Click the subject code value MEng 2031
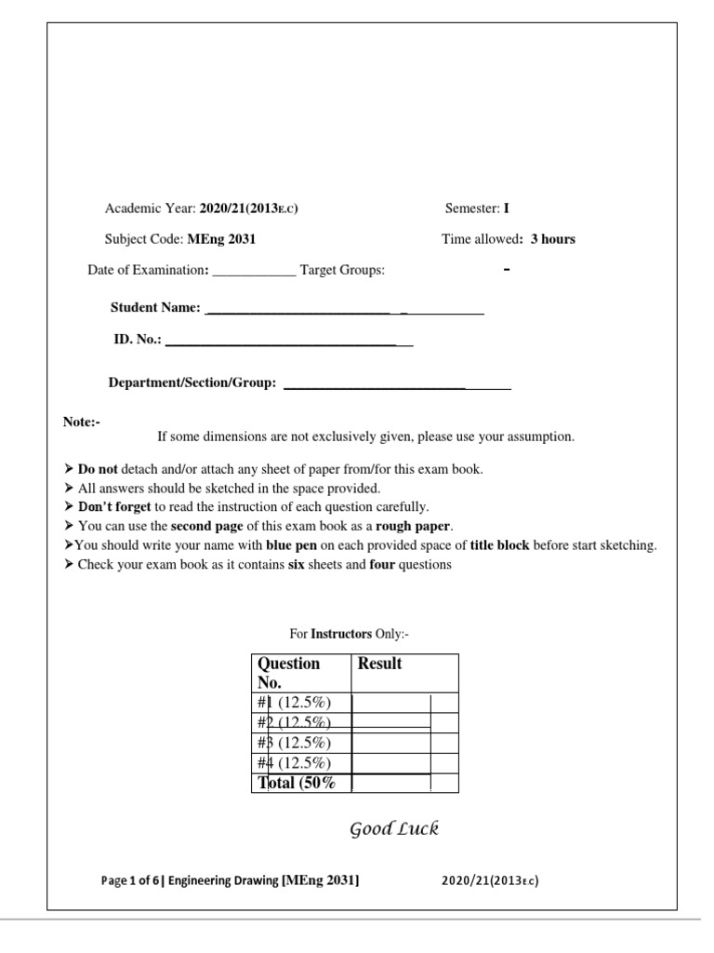221,239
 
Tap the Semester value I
506,208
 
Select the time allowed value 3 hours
552,239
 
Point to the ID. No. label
138,341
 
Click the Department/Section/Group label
192,383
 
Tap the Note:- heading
81,423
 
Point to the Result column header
379,664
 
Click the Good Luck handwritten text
393,828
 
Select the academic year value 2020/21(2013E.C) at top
248,208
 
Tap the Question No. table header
288,672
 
